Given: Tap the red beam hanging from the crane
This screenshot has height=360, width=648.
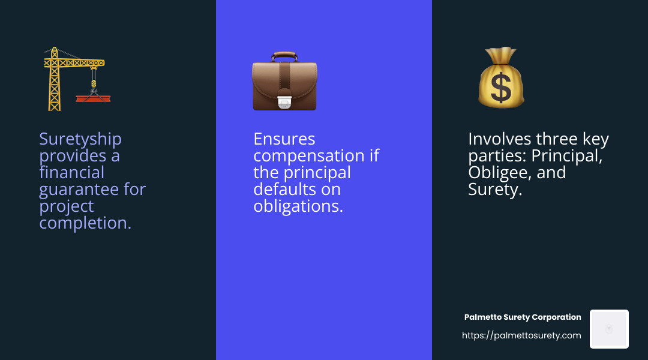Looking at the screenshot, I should [94, 98].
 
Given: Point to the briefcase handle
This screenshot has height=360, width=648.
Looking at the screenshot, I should [284, 56].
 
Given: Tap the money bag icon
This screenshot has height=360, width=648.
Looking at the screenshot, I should [501, 78].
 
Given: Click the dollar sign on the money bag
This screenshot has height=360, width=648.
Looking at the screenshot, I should [501, 87].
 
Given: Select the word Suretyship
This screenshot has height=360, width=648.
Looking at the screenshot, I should [80, 139].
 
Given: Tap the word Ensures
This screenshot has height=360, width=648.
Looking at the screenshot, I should [284, 139].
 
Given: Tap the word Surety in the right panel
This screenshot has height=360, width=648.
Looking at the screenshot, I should [493, 190].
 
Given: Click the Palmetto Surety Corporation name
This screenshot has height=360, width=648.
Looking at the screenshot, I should [523, 317].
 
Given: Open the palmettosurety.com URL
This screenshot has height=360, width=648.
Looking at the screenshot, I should [521, 335].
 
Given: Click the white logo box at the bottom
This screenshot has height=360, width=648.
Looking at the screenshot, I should [609, 329].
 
